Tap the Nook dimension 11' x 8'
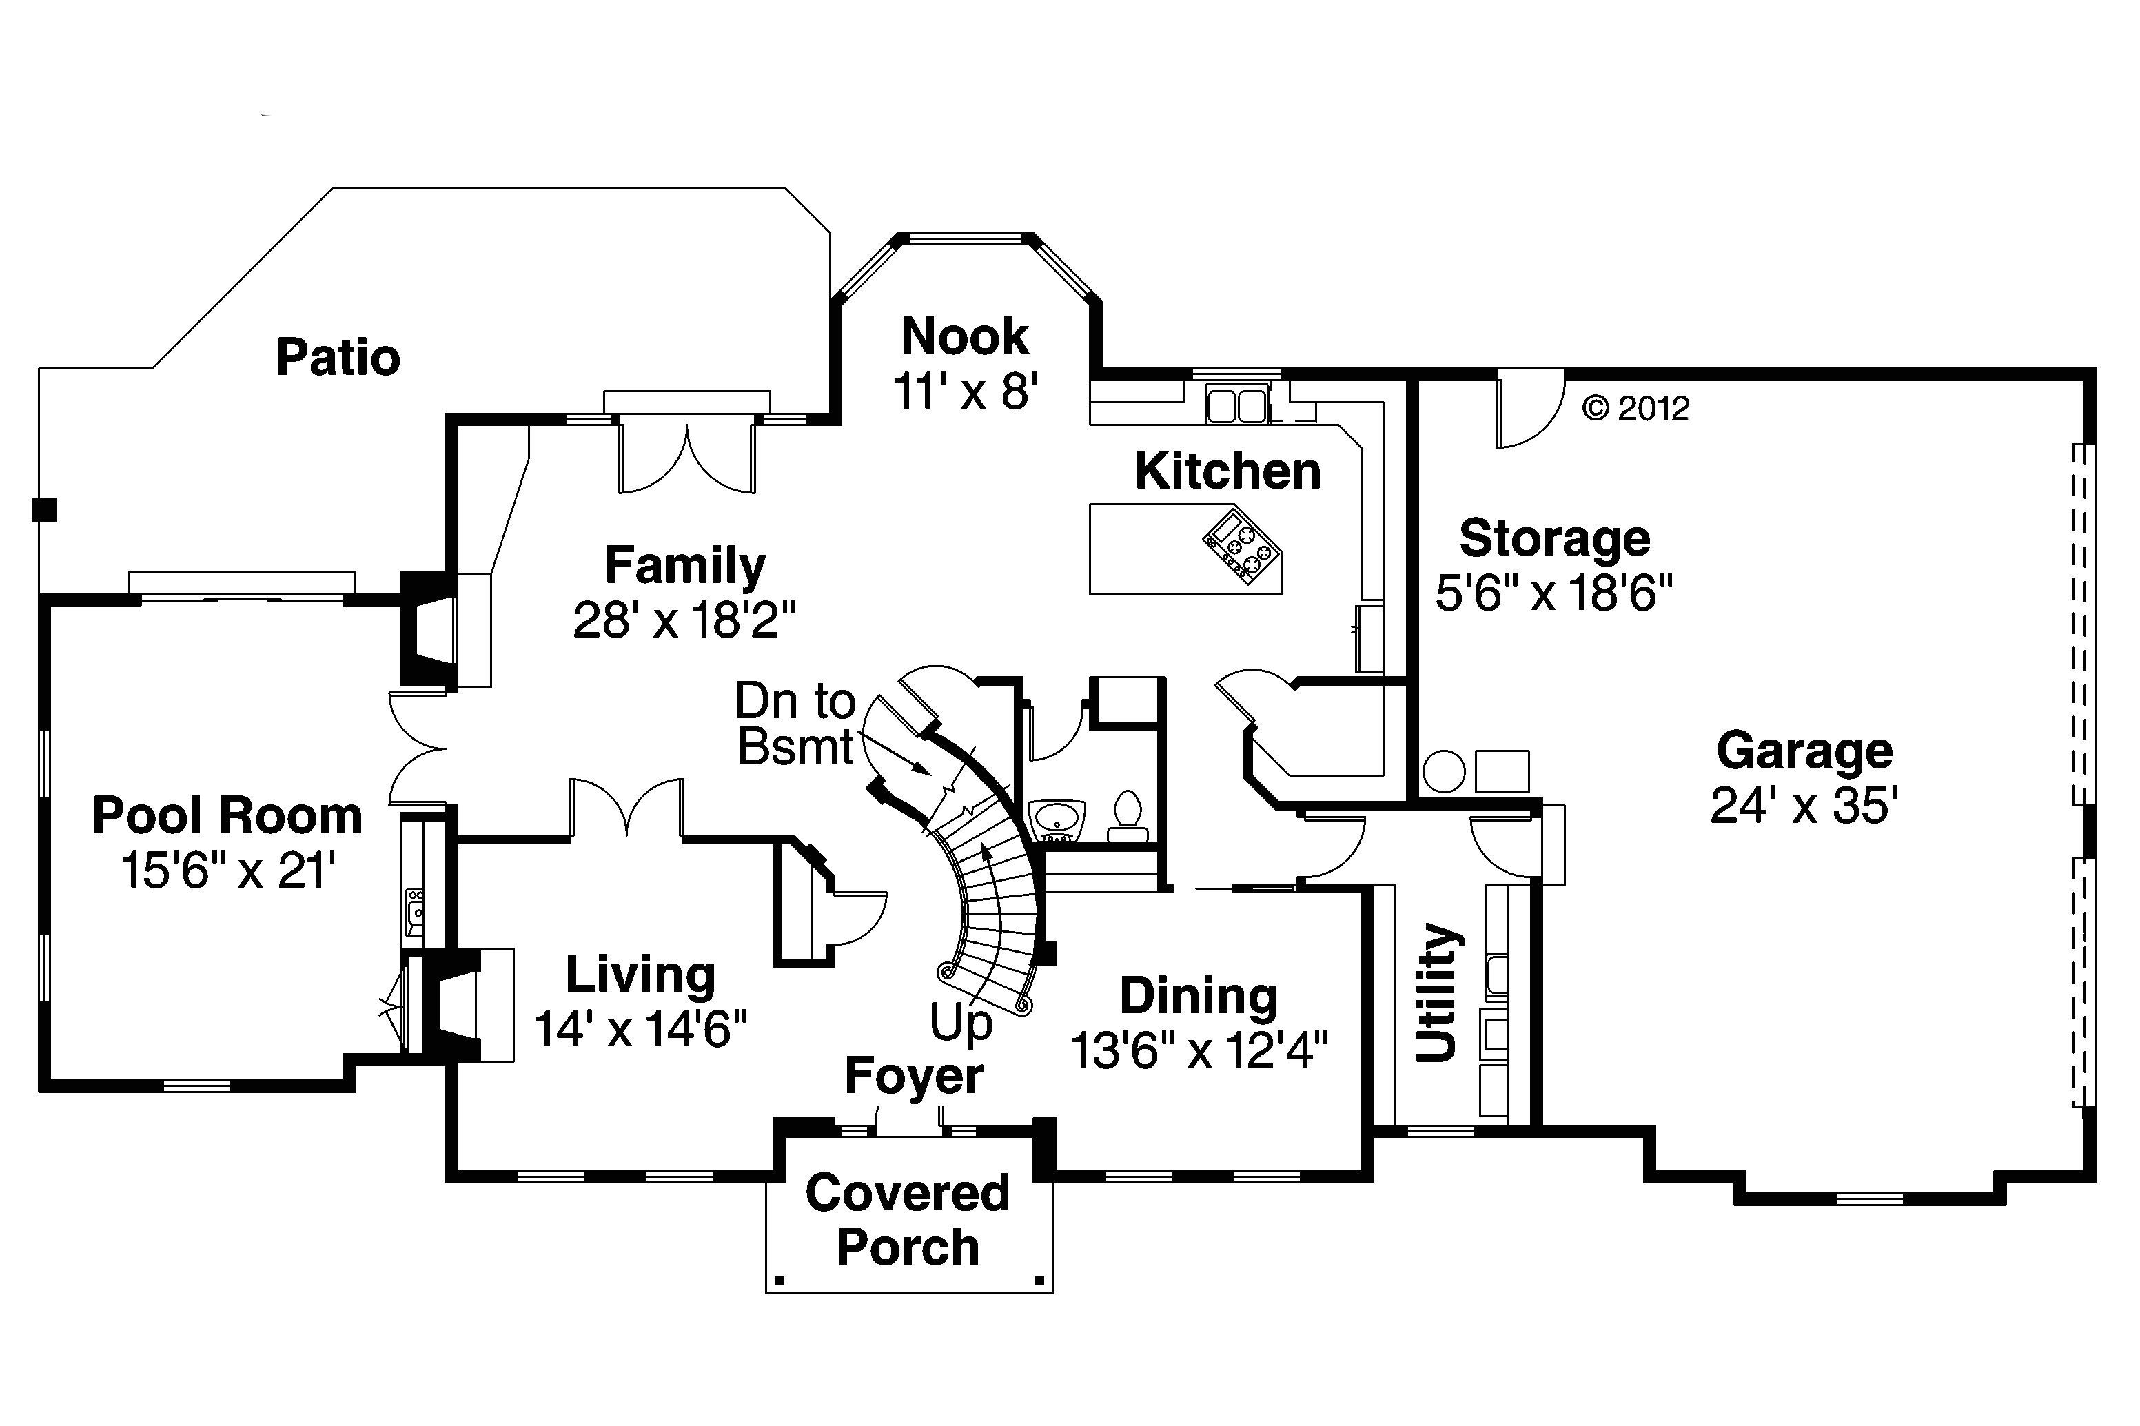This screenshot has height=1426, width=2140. click(965, 392)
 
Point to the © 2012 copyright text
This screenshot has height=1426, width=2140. click(1635, 408)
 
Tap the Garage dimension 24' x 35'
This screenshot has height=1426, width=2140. click(1804, 805)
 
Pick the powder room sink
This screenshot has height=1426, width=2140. click(1056, 816)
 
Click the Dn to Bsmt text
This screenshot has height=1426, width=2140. click(796, 724)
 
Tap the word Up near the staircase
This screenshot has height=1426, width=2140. click(960, 1023)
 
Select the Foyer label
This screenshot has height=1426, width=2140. click(913, 1076)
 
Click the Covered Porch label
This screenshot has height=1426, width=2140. click(908, 1219)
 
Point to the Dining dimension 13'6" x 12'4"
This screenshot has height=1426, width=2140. click(1199, 1051)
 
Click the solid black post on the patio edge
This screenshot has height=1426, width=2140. click(45, 509)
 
